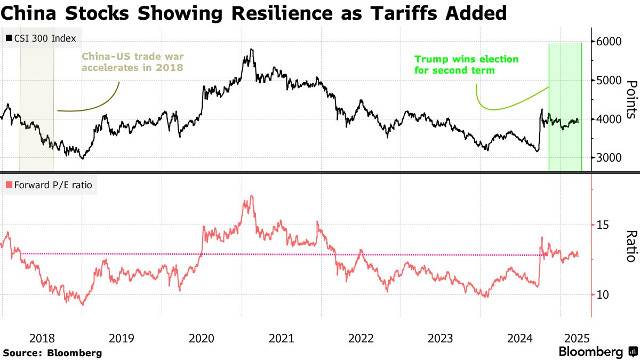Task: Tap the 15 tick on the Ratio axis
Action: pos(603,225)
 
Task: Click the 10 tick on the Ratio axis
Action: pos(603,294)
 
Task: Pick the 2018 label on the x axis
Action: pos(42,338)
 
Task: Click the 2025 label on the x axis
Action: pos(576,338)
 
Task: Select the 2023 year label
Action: pos(441,338)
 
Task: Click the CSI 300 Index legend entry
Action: pos(41,38)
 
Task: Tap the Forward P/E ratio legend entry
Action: pos(50,185)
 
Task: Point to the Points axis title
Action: pos(631,99)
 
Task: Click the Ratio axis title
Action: pos(631,246)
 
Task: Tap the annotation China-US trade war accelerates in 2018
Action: pos(132,61)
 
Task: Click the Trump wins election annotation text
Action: pos(466,65)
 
